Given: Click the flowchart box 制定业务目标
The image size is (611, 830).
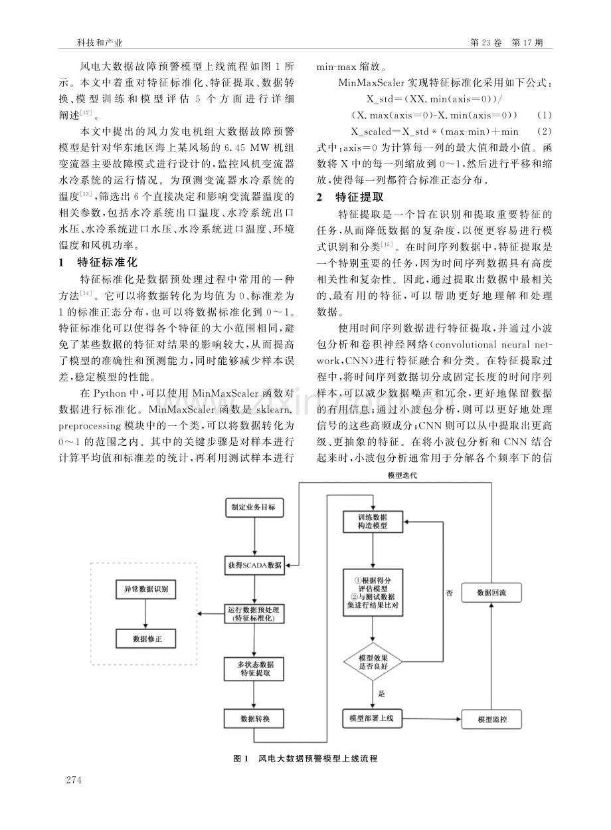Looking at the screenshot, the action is click(254, 507).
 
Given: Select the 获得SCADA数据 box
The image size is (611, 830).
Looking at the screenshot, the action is click(254, 566).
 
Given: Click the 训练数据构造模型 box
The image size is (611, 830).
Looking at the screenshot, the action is click(373, 522).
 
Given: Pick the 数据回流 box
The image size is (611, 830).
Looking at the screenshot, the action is click(491, 593).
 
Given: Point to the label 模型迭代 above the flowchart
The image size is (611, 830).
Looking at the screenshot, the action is click(402, 475).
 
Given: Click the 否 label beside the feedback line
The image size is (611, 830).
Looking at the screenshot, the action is click(449, 593).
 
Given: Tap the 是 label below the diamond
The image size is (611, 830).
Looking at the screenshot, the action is click(381, 694).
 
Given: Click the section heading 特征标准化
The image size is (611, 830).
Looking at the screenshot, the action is click(108, 262).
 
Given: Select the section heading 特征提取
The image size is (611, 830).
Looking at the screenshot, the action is click(359, 197).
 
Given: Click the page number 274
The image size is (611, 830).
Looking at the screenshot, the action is click(74, 780).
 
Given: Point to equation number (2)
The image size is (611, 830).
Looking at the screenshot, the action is click(545, 132).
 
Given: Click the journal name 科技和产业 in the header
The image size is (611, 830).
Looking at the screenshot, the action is click(99, 43).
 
